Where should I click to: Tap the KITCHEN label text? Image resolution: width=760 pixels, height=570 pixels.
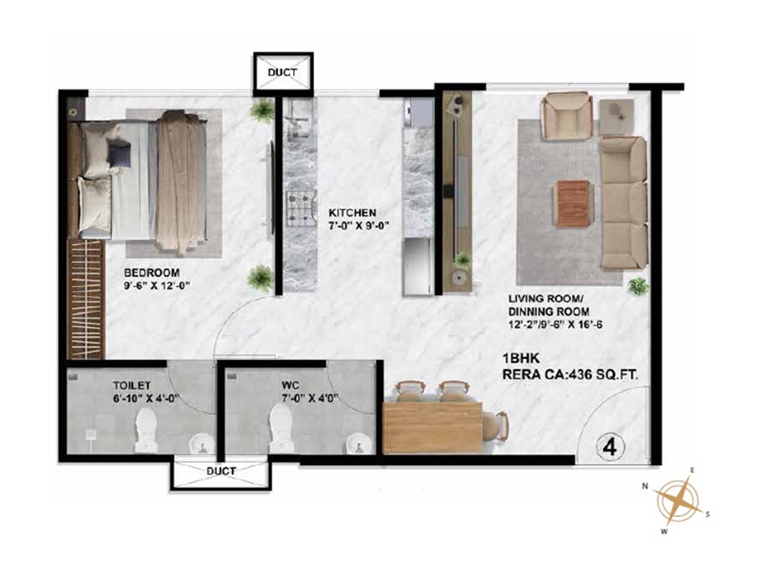click(x=352, y=213)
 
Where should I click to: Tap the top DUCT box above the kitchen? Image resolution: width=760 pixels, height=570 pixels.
click(x=283, y=73)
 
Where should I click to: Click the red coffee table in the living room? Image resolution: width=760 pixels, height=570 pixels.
click(x=572, y=204)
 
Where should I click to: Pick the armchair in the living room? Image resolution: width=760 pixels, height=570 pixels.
click(x=567, y=116)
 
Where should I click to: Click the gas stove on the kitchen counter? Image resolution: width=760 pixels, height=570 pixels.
click(x=298, y=208)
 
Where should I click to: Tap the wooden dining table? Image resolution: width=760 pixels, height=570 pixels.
click(x=432, y=427)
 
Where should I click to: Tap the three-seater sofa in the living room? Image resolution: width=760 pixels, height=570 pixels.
click(x=623, y=203)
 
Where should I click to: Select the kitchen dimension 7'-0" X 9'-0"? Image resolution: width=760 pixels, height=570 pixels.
click(x=352, y=225)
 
